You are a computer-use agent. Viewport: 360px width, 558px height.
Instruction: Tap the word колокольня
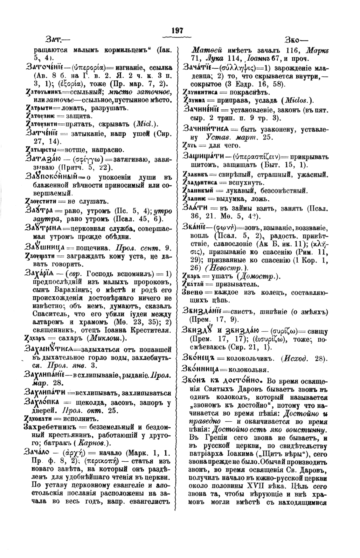coord(249,369)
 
